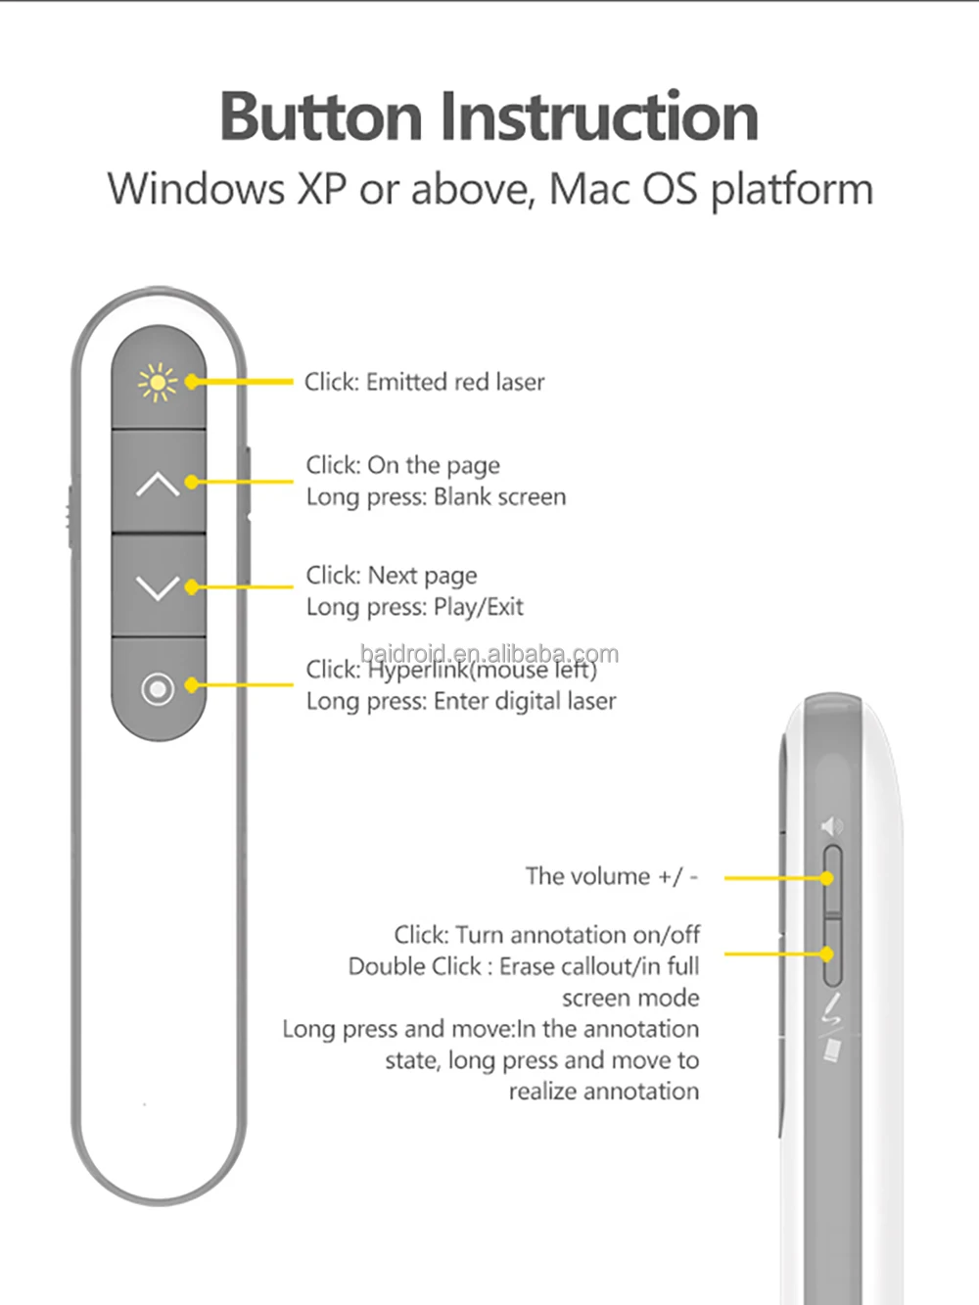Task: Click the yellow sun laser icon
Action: (x=157, y=383)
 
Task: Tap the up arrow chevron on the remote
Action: (x=157, y=484)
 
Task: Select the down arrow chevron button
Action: (x=157, y=587)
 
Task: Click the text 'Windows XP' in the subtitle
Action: (x=227, y=188)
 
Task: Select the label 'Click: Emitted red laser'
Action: (x=424, y=382)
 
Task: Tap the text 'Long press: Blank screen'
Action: (x=436, y=496)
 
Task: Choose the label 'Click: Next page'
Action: (x=392, y=575)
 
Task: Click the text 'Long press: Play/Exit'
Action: (x=414, y=607)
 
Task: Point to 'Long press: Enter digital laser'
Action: (x=461, y=701)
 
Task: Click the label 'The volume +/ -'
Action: (x=612, y=876)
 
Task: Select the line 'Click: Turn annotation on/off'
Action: (x=546, y=935)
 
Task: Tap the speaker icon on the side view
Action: (x=831, y=827)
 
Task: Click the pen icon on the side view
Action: (x=831, y=1009)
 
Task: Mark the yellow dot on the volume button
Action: (x=827, y=878)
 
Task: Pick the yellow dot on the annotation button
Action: (x=827, y=954)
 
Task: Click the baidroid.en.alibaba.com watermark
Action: (x=489, y=653)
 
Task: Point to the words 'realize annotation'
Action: (x=603, y=1092)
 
